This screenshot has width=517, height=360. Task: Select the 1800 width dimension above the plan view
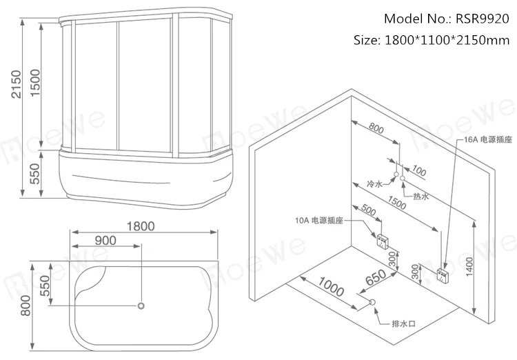point(141,226)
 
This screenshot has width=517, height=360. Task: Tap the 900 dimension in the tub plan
point(105,241)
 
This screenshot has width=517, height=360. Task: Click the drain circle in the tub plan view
point(141,304)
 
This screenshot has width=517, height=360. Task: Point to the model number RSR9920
point(476,19)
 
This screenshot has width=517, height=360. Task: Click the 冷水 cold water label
point(374,166)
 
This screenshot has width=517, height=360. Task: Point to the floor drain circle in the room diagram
point(373,302)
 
